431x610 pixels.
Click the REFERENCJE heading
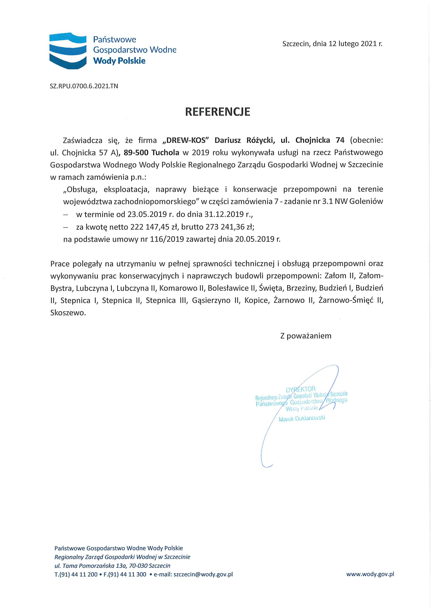click(x=217, y=112)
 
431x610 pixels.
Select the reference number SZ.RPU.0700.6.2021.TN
click(x=84, y=86)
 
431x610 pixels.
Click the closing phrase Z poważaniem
click(x=306, y=336)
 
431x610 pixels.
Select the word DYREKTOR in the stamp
click(x=301, y=390)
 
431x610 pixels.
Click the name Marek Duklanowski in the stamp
click(x=302, y=419)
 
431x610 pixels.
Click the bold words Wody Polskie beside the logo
click(x=119, y=61)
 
